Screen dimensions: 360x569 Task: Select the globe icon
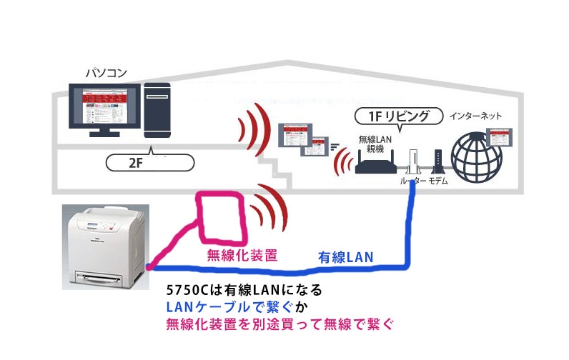[475, 158]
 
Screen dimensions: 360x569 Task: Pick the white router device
[412, 160]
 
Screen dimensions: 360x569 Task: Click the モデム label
[439, 183]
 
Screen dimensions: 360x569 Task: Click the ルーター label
[412, 183]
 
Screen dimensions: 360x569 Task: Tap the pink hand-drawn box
[223, 216]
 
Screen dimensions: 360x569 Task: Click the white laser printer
[106, 244]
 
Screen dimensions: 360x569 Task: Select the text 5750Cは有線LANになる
[244, 291]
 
